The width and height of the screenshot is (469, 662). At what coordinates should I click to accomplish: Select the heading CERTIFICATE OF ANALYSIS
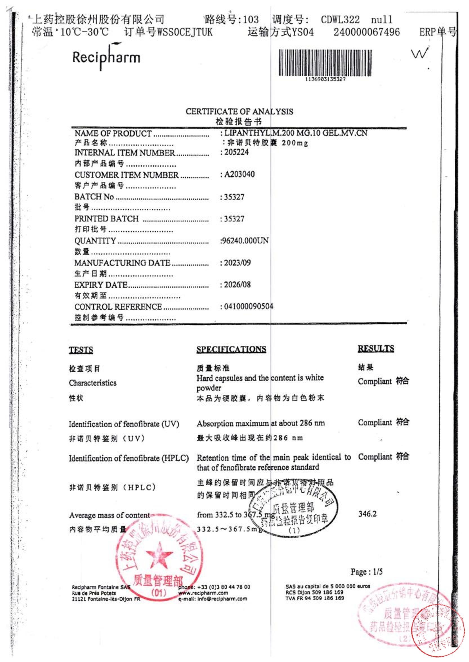[x=239, y=112]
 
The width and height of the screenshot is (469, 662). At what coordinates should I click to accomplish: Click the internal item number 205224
[x=236, y=152]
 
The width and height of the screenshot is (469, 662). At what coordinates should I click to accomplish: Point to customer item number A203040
[x=239, y=174]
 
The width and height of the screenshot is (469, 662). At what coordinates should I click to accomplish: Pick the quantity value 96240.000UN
[x=245, y=241]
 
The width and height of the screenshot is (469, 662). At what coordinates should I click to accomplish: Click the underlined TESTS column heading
[x=81, y=350]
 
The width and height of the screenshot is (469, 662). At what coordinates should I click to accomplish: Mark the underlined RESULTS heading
[x=376, y=348]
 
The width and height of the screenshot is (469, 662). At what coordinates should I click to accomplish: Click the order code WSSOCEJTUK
[x=185, y=32]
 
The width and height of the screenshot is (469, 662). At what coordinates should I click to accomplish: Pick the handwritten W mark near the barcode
[x=419, y=54]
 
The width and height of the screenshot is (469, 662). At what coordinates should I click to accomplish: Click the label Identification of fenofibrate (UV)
[x=124, y=424]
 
